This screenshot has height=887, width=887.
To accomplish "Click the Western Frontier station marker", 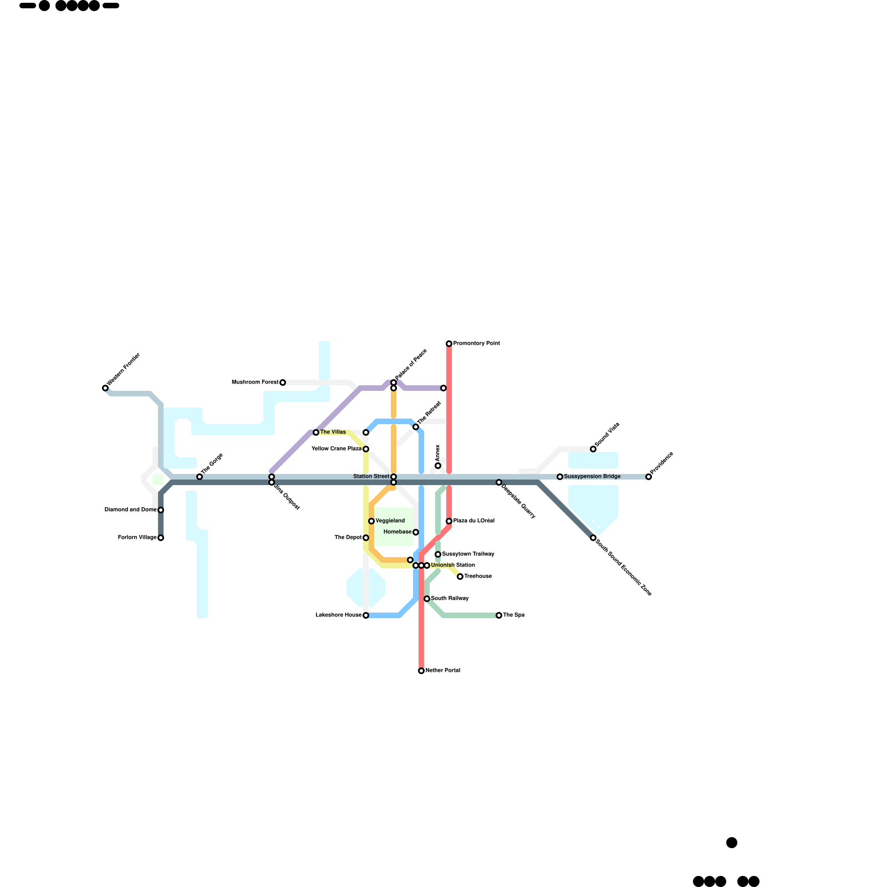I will coord(105,388).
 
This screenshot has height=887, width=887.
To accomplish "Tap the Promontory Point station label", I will coord(476,344).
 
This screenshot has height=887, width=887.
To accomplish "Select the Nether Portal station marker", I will coord(421,671).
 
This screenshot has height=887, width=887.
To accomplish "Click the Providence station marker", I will coord(649,477).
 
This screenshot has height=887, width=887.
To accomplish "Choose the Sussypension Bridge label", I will coord(592,477).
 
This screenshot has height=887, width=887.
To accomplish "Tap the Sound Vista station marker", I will coord(593,449).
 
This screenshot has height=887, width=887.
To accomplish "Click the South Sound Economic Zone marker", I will coord(593,538).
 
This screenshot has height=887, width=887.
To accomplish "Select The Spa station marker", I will coord(499,615).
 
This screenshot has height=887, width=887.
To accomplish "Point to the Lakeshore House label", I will coord(338,615).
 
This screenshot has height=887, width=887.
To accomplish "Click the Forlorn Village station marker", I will coord(161,538).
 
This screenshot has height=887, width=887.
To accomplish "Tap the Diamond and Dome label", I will coord(130,510).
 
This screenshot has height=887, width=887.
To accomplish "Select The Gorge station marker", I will coord(200,477).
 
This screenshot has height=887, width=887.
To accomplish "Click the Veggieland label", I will coord(390,521).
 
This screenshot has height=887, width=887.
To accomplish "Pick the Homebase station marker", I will coord(416,532).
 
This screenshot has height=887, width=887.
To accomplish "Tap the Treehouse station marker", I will coord(460,577).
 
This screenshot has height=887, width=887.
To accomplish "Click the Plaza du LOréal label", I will coord(473,521).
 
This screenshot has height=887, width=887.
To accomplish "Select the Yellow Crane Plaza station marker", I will coord(366,449).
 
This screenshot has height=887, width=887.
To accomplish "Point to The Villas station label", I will coord(333,432).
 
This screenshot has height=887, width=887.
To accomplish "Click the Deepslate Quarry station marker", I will coord(499,482).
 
